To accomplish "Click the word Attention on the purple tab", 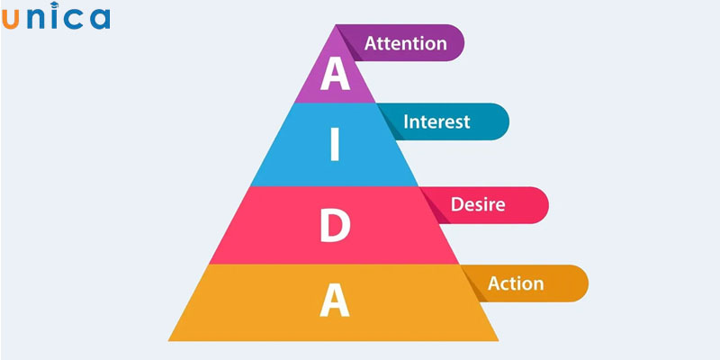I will point(405,42).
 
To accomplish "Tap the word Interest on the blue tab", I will point(437,121).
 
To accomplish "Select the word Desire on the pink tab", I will point(477,204).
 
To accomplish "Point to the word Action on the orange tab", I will point(516,283).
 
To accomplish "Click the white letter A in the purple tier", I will point(335,76).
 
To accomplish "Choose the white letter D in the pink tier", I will point(335,227).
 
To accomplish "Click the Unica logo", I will point(56,18).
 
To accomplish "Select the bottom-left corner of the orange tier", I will point(169,340).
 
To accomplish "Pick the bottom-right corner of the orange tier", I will point(500,340).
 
